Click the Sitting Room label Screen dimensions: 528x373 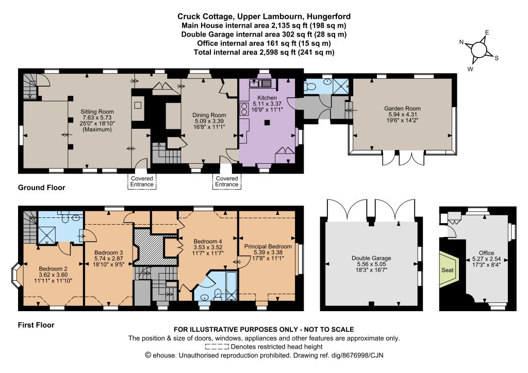click(x=97, y=112)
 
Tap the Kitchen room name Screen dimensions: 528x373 click(x=267, y=97)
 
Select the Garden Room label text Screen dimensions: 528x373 click(x=402, y=108)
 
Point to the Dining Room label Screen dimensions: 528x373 click(x=209, y=115)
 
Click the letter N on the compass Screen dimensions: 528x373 click(x=461, y=42)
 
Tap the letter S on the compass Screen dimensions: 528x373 click(x=497, y=58)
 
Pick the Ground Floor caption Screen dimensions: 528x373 click(x=41, y=188)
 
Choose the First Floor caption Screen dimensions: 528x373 click(x=36, y=325)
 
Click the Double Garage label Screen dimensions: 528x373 click(x=371, y=258)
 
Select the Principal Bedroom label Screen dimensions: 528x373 click(x=268, y=246)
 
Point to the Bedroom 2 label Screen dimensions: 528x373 click(x=53, y=269)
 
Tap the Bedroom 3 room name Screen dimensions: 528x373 click(x=108, y=252)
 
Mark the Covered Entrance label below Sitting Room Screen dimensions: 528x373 click(x=142, y=181)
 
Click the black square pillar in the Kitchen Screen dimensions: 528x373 click(x=267, y=123)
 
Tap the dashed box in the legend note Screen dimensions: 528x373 click(x=217, y=347)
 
